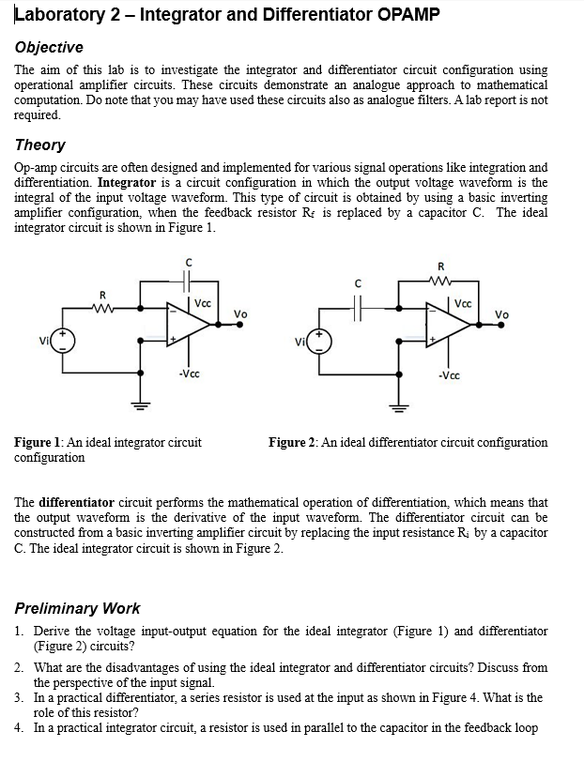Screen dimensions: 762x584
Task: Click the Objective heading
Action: pyautogui.click(x=49, y=47)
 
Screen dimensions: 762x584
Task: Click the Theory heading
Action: pyautogui.click(x=40, y=145)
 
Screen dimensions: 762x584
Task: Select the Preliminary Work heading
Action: pyautogui.click(x=78, y=608)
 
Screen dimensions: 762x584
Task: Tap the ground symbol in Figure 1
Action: pyautogui.click(x=141, y=407)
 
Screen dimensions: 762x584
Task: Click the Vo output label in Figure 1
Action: pyautogui.click(x=241, y=312)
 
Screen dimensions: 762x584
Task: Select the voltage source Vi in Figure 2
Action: pyautogui.click(x=317, y=340)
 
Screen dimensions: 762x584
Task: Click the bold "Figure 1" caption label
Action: pyautogui.click(x=38, y=442)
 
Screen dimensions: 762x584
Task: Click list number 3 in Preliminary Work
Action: pyautogui.click(x=20, y=698)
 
